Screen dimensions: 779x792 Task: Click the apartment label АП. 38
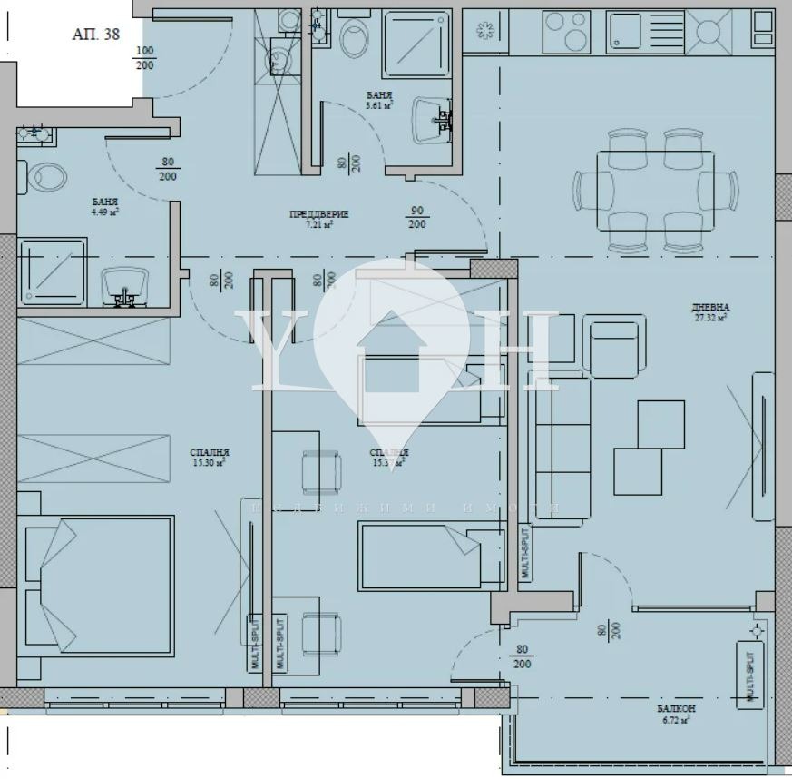94,35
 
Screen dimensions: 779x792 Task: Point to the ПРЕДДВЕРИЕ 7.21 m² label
319,218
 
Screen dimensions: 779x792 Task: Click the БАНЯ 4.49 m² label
105,206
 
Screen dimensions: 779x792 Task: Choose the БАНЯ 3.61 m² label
379,100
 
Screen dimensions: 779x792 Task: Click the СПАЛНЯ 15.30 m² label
209,457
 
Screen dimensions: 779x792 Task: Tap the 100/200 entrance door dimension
144,58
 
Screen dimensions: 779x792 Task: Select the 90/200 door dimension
417,217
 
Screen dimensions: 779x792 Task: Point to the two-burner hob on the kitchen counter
567,32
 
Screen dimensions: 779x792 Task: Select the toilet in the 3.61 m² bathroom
354,36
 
